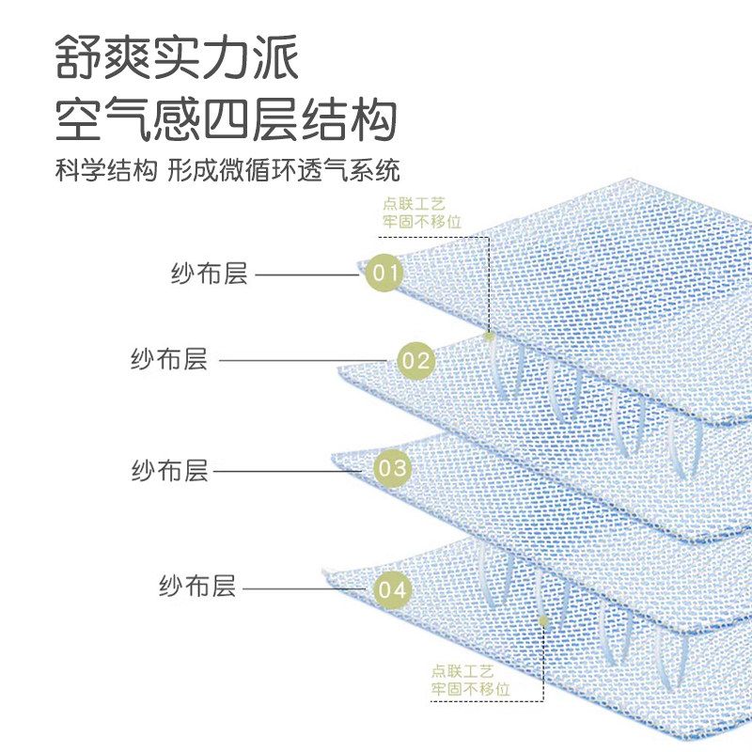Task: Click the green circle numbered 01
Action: coord(383,274)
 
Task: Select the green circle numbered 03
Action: coord(393,468)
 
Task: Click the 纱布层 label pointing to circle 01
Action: coord(209,274)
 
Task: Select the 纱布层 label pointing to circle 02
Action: coord(169,359)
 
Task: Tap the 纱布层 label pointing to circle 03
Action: coord(169,470)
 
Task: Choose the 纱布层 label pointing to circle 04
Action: coord(196,587)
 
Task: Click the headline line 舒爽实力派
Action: coord(177,58)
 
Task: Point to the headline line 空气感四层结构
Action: coord(226,120)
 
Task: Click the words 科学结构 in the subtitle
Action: coord(103,171)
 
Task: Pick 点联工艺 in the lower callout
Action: coord(462,671)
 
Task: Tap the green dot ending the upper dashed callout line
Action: coord(489,335)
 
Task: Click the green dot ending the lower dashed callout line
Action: coord(542,619)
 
